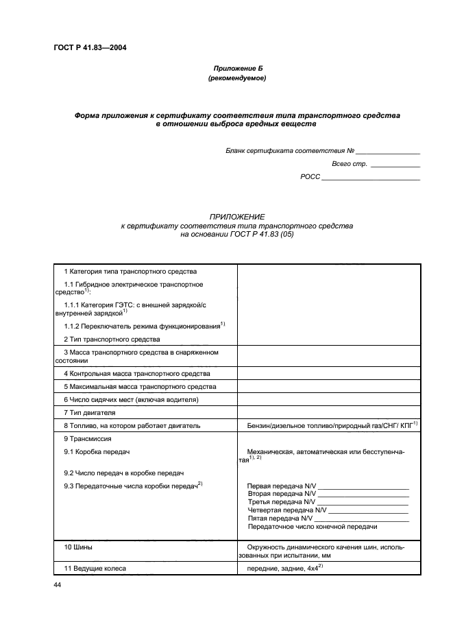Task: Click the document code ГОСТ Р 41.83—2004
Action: click(85, 47)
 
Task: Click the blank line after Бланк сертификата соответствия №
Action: click(387, 152)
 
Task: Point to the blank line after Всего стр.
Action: click(395, 165)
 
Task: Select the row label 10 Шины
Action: click(78, 548)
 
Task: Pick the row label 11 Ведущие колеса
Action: click(95, 569)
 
